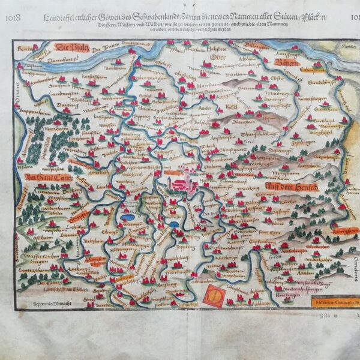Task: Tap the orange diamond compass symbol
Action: click(x=214, y=296)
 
